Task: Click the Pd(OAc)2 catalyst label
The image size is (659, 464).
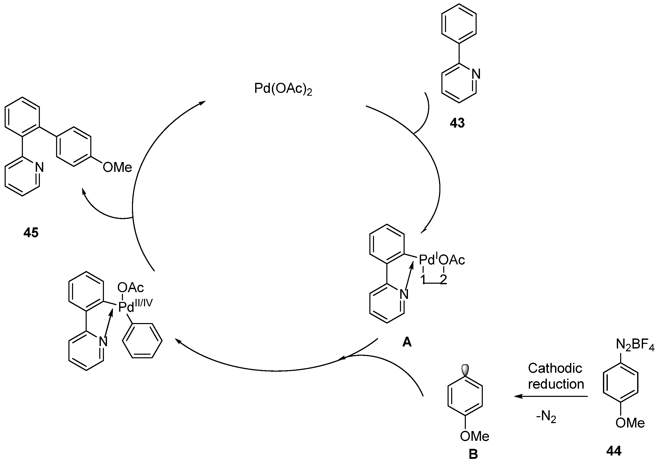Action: tap(283, 89)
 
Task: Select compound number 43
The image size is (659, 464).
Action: tap(457, 123)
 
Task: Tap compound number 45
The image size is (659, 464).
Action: tap(31, 233)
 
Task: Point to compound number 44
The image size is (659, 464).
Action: tap(614, 451)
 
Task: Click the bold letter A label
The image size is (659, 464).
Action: tap(407, 342)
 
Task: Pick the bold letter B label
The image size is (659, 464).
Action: tap(473, 454)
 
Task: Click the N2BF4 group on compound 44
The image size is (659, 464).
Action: tap(635, 345)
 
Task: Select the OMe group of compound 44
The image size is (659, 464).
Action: tap(630, 423)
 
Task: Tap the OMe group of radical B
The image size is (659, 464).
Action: tap(475, 436)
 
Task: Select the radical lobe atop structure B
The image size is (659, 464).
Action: tap(465, 368)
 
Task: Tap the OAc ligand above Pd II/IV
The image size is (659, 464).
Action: tap(131, 287)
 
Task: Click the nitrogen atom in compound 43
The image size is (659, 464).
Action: tap(476, 74)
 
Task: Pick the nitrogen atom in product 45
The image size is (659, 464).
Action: tap(39, 167)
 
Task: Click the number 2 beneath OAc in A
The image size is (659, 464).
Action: tap(443, 279)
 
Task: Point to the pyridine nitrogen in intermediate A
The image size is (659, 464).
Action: tap(404, 295)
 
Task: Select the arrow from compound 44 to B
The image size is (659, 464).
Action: tap(551, 396)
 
